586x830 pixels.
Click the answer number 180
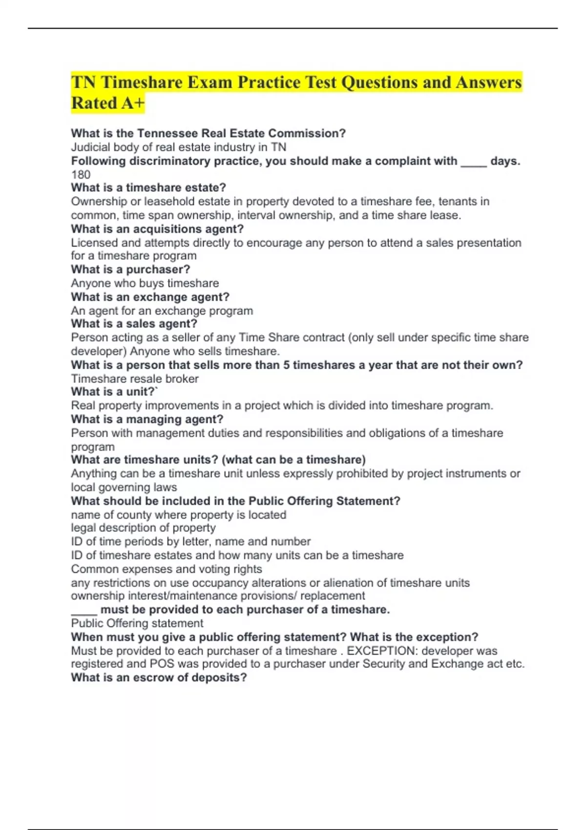(81, 175)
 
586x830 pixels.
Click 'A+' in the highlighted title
(132, 104)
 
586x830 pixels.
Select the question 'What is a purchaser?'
(130, 270)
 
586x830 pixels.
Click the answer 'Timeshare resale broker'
(135, 379)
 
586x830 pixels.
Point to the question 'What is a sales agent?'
(134, 324)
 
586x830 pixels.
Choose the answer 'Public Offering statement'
(137, 623)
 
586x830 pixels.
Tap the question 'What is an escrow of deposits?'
(159, 678)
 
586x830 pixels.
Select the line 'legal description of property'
(143, 528)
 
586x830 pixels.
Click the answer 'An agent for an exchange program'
(162, 311)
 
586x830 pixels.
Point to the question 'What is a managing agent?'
(147, 419)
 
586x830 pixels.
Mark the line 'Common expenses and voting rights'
(167, 569)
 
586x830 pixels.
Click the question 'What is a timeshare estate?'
(148, 188)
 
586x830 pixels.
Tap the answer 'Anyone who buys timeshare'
(145, 283)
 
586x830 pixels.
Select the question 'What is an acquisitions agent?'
(157, 229)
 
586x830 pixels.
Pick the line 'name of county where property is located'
(179, 515)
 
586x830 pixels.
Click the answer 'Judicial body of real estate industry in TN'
(179, 147)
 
